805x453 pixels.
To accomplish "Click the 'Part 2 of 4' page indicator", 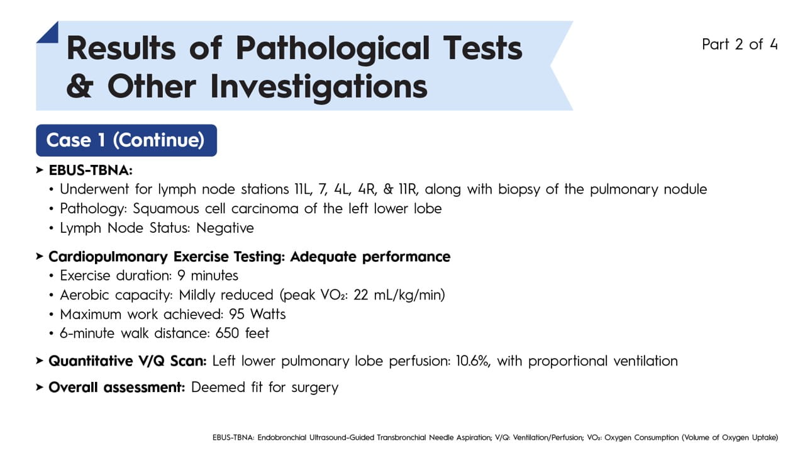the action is (x=740, y=45).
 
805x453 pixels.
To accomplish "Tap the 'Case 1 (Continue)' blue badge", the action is (x=126, y=140).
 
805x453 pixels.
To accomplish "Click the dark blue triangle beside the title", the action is (x=48, y=33).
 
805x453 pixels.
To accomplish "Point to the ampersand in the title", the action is (x=80, y=86).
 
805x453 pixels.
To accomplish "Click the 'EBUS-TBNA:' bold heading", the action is (x=91, y=171).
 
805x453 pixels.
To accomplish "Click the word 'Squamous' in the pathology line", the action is (x=165, y=209).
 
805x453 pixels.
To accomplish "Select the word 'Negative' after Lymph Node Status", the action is (x=225, y=228).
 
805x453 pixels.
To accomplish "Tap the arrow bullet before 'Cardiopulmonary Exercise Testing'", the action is (x=40, y=256).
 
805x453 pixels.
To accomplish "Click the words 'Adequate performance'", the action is (x=370, y=257).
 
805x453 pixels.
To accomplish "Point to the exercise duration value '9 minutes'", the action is (x=208, y=276).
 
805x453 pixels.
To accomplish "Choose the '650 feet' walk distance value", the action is (x=242, y=333).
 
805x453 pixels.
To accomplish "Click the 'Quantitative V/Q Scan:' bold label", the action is (x=128, y=361).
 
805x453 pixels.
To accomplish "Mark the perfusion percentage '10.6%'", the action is (x=474, y=361).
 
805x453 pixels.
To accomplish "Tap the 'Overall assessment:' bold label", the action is (x=117, y=387).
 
